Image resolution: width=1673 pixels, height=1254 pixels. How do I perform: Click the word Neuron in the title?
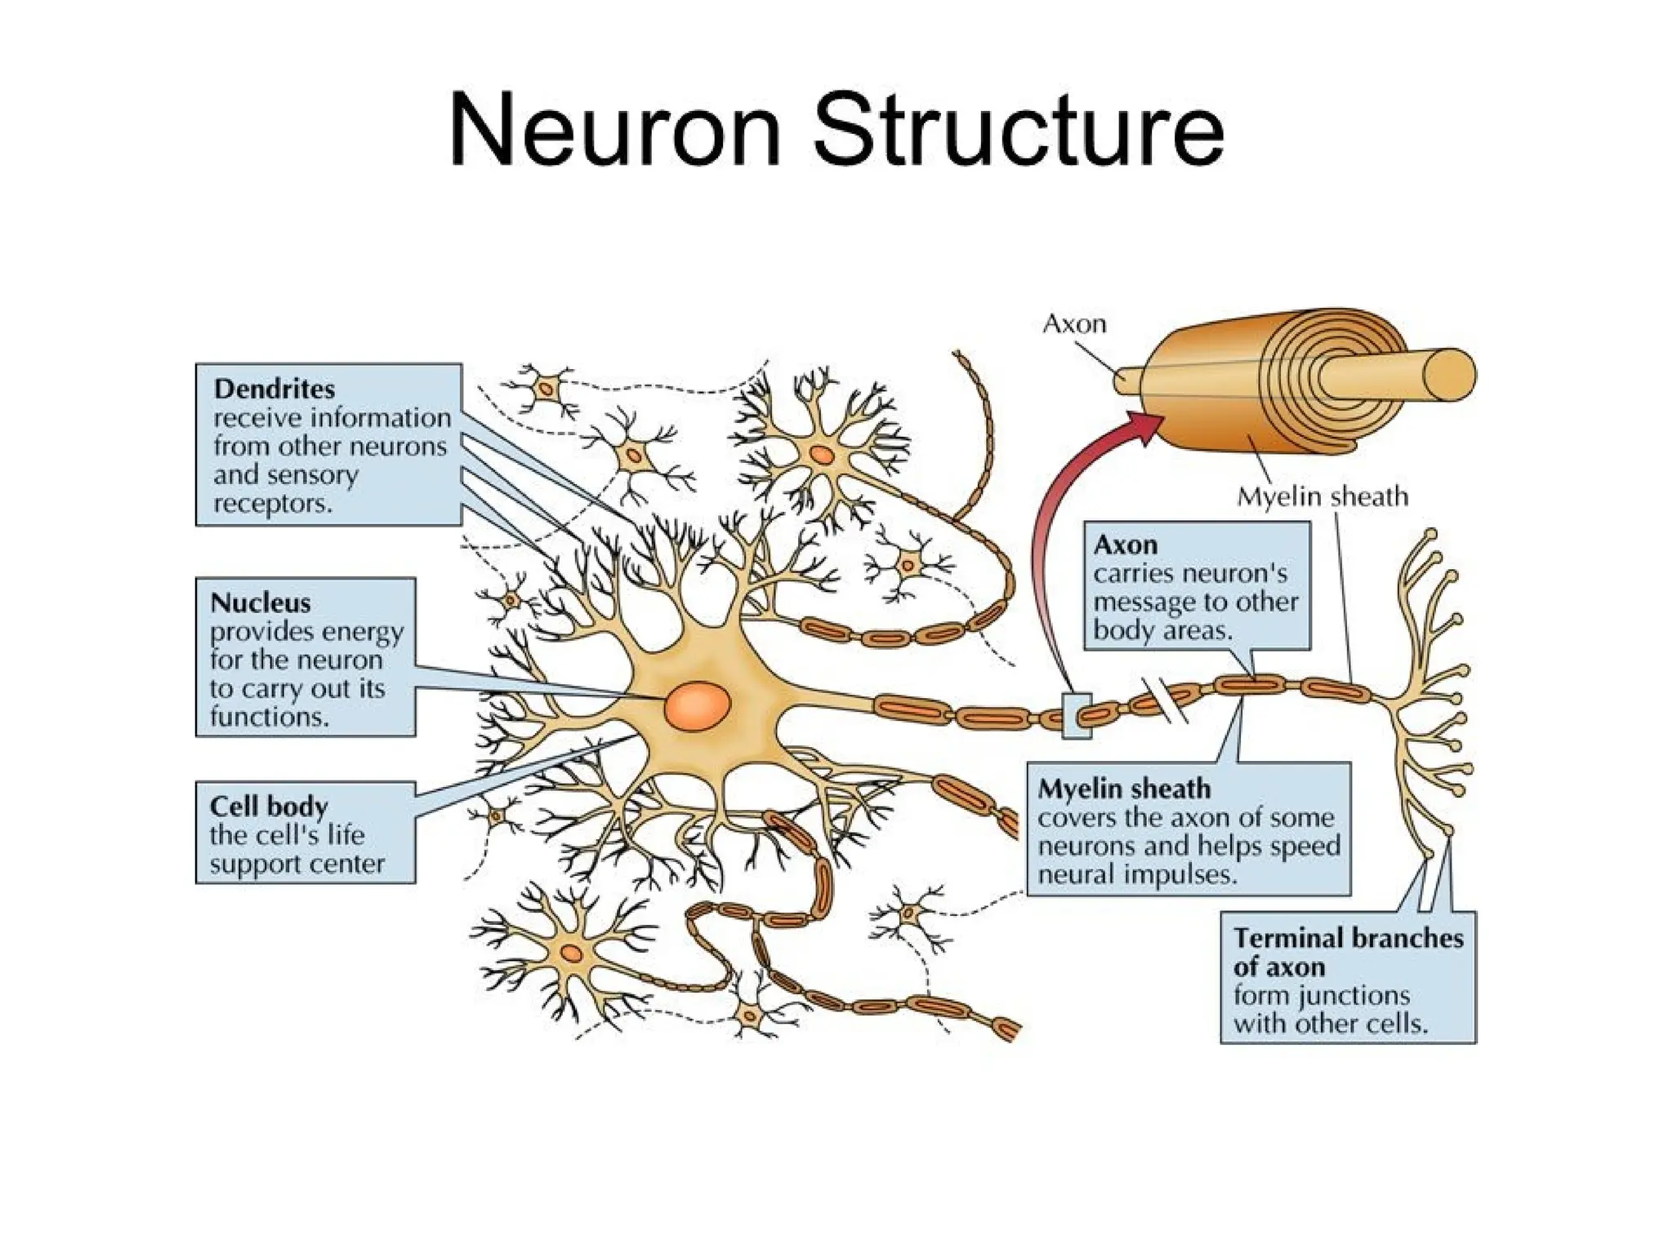click(x=614, y=131)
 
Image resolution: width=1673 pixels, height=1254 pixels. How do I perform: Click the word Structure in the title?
click(x=1019, y=131)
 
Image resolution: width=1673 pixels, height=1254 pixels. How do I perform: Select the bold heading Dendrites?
click(x=274, y=389)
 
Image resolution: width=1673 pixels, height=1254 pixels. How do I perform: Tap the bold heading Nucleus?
click(x=261, y=603)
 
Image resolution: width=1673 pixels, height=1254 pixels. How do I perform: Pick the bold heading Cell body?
click(x=269, y=807)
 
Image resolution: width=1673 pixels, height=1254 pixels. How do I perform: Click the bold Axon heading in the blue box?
click(x=1125, y=545)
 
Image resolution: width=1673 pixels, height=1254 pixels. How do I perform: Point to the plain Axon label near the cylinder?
click(x=1074, y=325)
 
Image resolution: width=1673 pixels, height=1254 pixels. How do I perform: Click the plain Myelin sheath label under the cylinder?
click(x=1322, y=496)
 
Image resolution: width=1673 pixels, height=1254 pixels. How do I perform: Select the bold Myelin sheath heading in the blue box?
click(x=1124, y=789)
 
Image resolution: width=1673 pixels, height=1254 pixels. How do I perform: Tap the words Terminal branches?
click(x=1348, y=938)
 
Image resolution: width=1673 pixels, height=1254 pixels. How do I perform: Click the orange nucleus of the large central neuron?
click(x=697, y=705)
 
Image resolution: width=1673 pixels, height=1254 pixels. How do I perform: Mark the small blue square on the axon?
click(x=1076, y=716)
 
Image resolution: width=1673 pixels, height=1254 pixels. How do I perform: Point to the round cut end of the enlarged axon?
click(x=1450, y=375)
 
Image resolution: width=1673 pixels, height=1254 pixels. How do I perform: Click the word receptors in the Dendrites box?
click(x=273, y=504)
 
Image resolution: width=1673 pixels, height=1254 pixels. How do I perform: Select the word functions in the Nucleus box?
click(x=269, y=717)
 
